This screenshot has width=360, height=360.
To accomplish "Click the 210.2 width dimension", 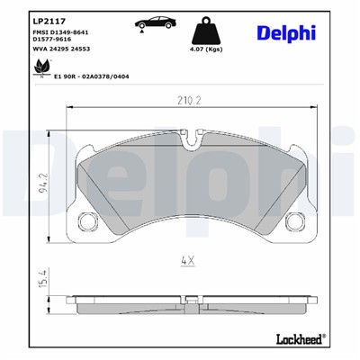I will click(187, 102).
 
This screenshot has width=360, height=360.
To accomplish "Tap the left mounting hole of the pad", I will click(87, 218).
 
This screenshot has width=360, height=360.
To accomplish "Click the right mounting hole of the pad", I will click(289, 218).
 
